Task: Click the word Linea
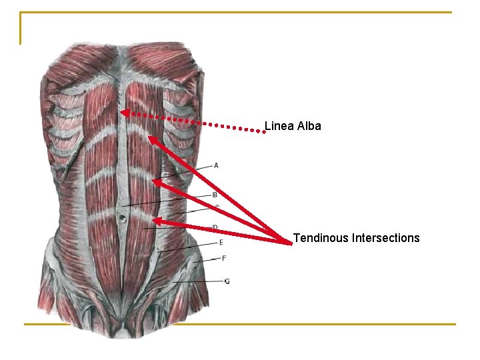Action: [x=277, y=125]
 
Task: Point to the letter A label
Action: [x=216, y=165]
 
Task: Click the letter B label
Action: [x=215, y=195]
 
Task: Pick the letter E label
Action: [x=221, y=242]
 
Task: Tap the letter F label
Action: [x=224, y=258]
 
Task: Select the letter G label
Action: [x=227, y=281]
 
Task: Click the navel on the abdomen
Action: [x=123, y=217]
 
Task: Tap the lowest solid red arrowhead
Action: [x=156, y=221]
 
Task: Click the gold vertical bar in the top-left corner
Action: [x=21, y=28]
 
